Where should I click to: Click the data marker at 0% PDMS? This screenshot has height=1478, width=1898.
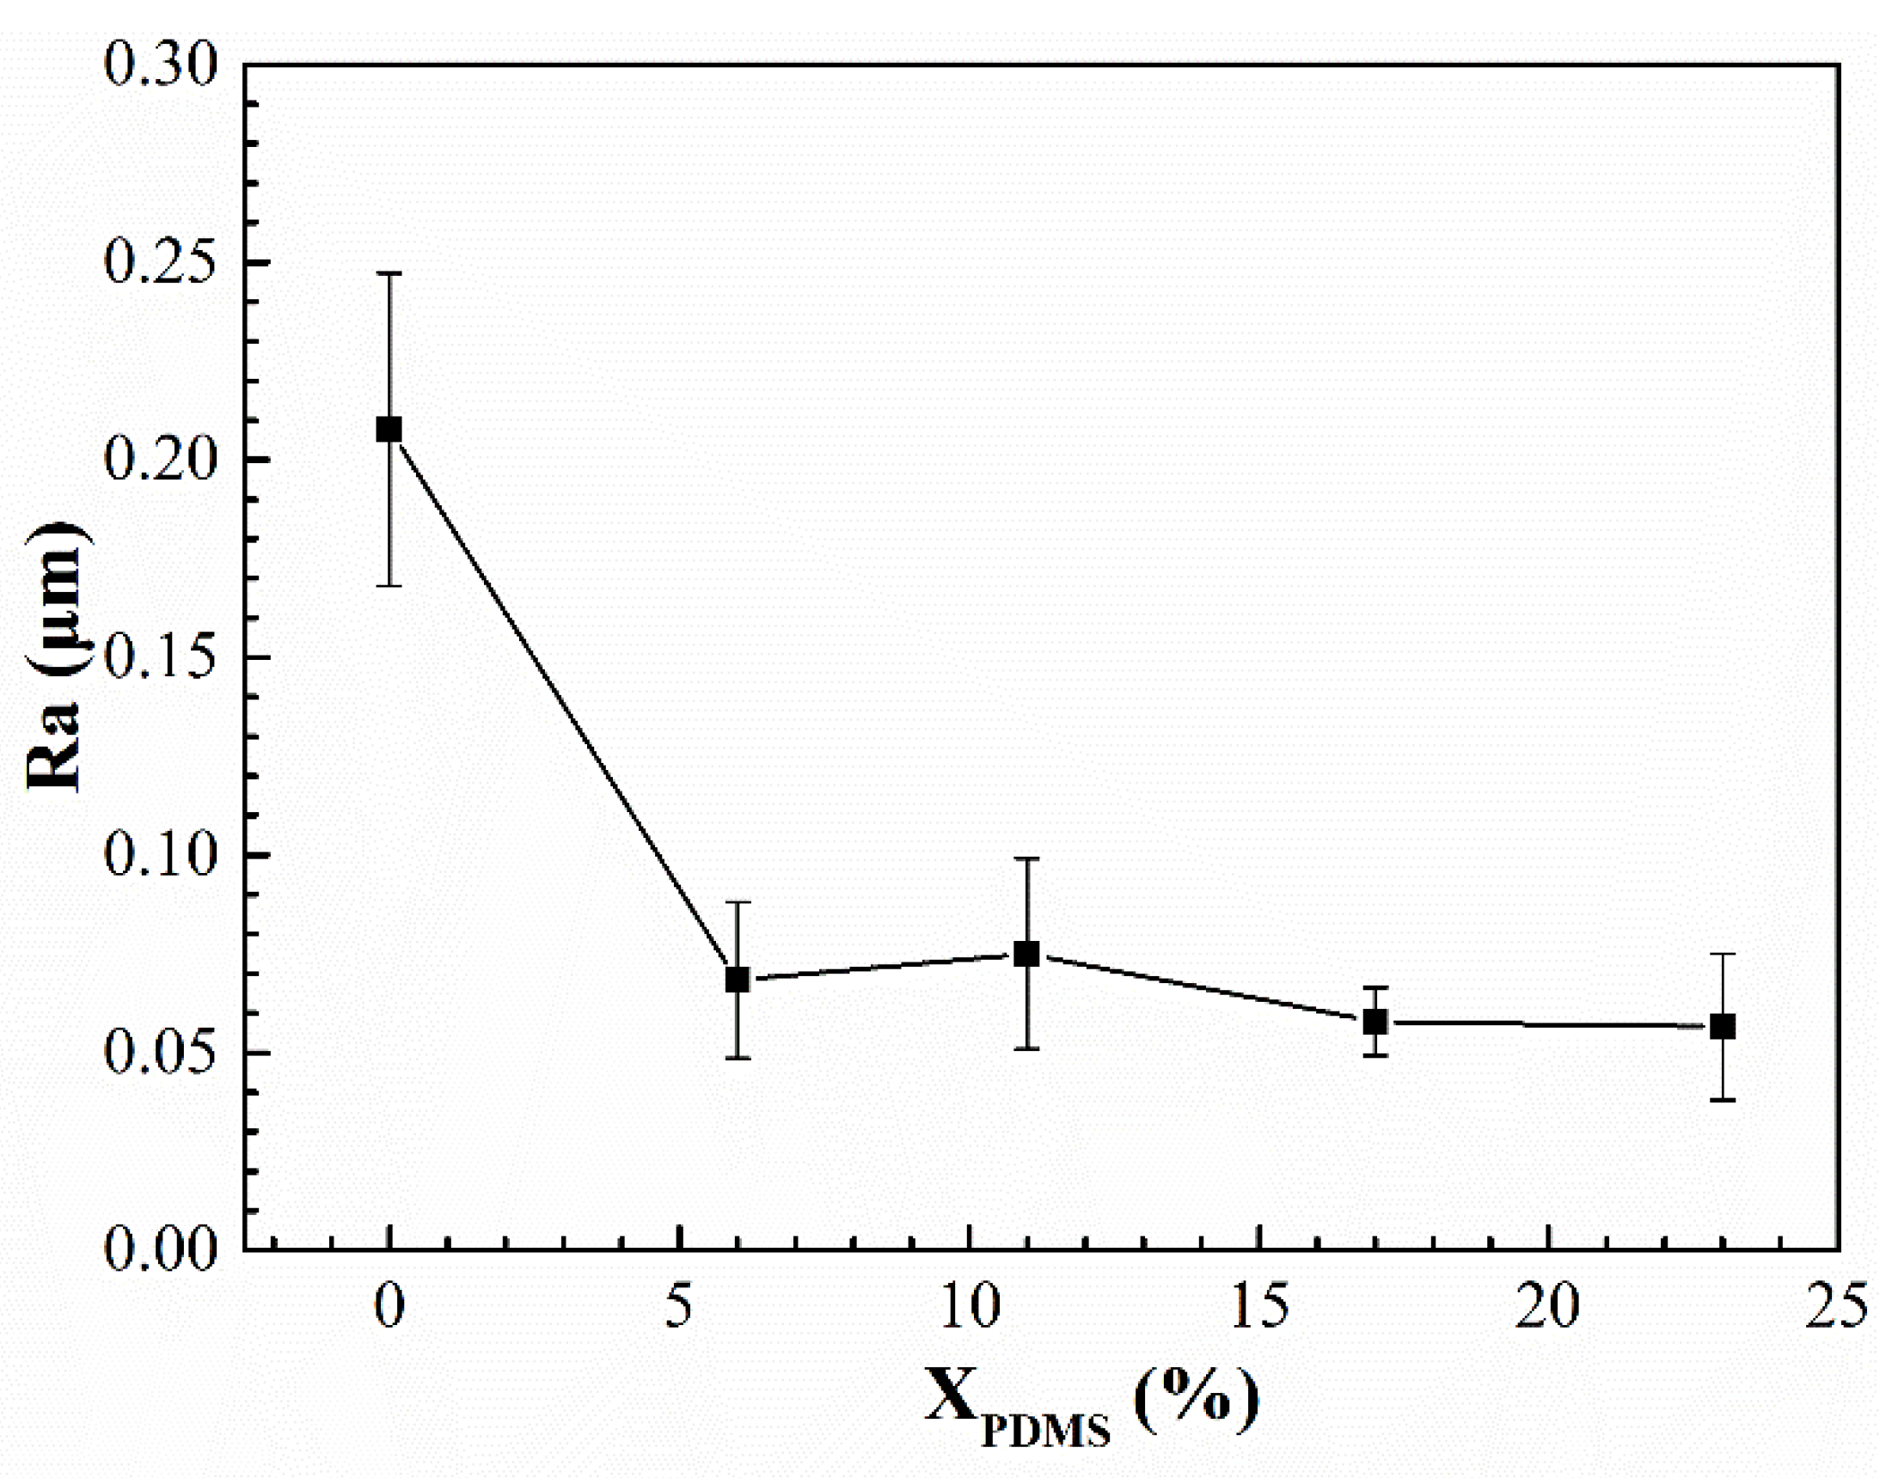pos(389,430)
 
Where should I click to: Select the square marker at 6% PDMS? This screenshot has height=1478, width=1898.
pos(737,980)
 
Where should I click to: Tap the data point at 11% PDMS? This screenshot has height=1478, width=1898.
pos(1026,954)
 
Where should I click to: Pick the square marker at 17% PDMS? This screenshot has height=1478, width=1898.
pos(1375,1022)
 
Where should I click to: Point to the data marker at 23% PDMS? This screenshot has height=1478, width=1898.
pos(1723,1026)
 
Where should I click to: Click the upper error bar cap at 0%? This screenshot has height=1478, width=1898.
pos(389,274)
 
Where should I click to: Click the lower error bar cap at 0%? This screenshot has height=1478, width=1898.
pos(389,586)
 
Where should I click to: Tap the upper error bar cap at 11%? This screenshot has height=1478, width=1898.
pos(1026,858)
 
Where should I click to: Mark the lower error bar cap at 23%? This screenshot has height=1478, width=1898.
pos(1723,1100)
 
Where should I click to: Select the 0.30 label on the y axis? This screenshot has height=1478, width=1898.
pos(159,65)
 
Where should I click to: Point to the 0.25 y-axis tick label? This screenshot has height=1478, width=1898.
pos(159,262)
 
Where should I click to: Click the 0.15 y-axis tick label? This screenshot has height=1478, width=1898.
pos(159,657)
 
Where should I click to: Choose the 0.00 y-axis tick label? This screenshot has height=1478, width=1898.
pos(159,1250)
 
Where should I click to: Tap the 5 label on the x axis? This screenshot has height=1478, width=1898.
pos(679,1307)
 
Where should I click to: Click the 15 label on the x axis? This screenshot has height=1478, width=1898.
pos(1259,1307)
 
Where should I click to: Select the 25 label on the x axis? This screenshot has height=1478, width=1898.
pos(1836,1307)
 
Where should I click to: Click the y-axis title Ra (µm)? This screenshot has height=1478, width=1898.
pos(54,657)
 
